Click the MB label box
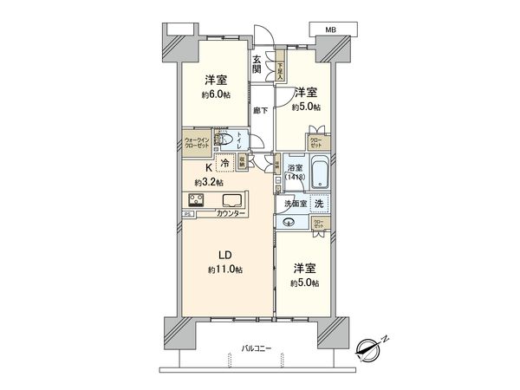coord(330,29)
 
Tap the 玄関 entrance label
coord(258,64)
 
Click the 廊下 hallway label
coord(259,111)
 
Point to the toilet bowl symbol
coord(223,139)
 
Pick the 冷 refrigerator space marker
coord(224,162)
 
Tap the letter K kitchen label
coord(208,169)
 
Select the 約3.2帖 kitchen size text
coord(208,183)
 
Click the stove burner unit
coord(195,201)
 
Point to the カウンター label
coord(231,213)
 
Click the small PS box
coord(187,214)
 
